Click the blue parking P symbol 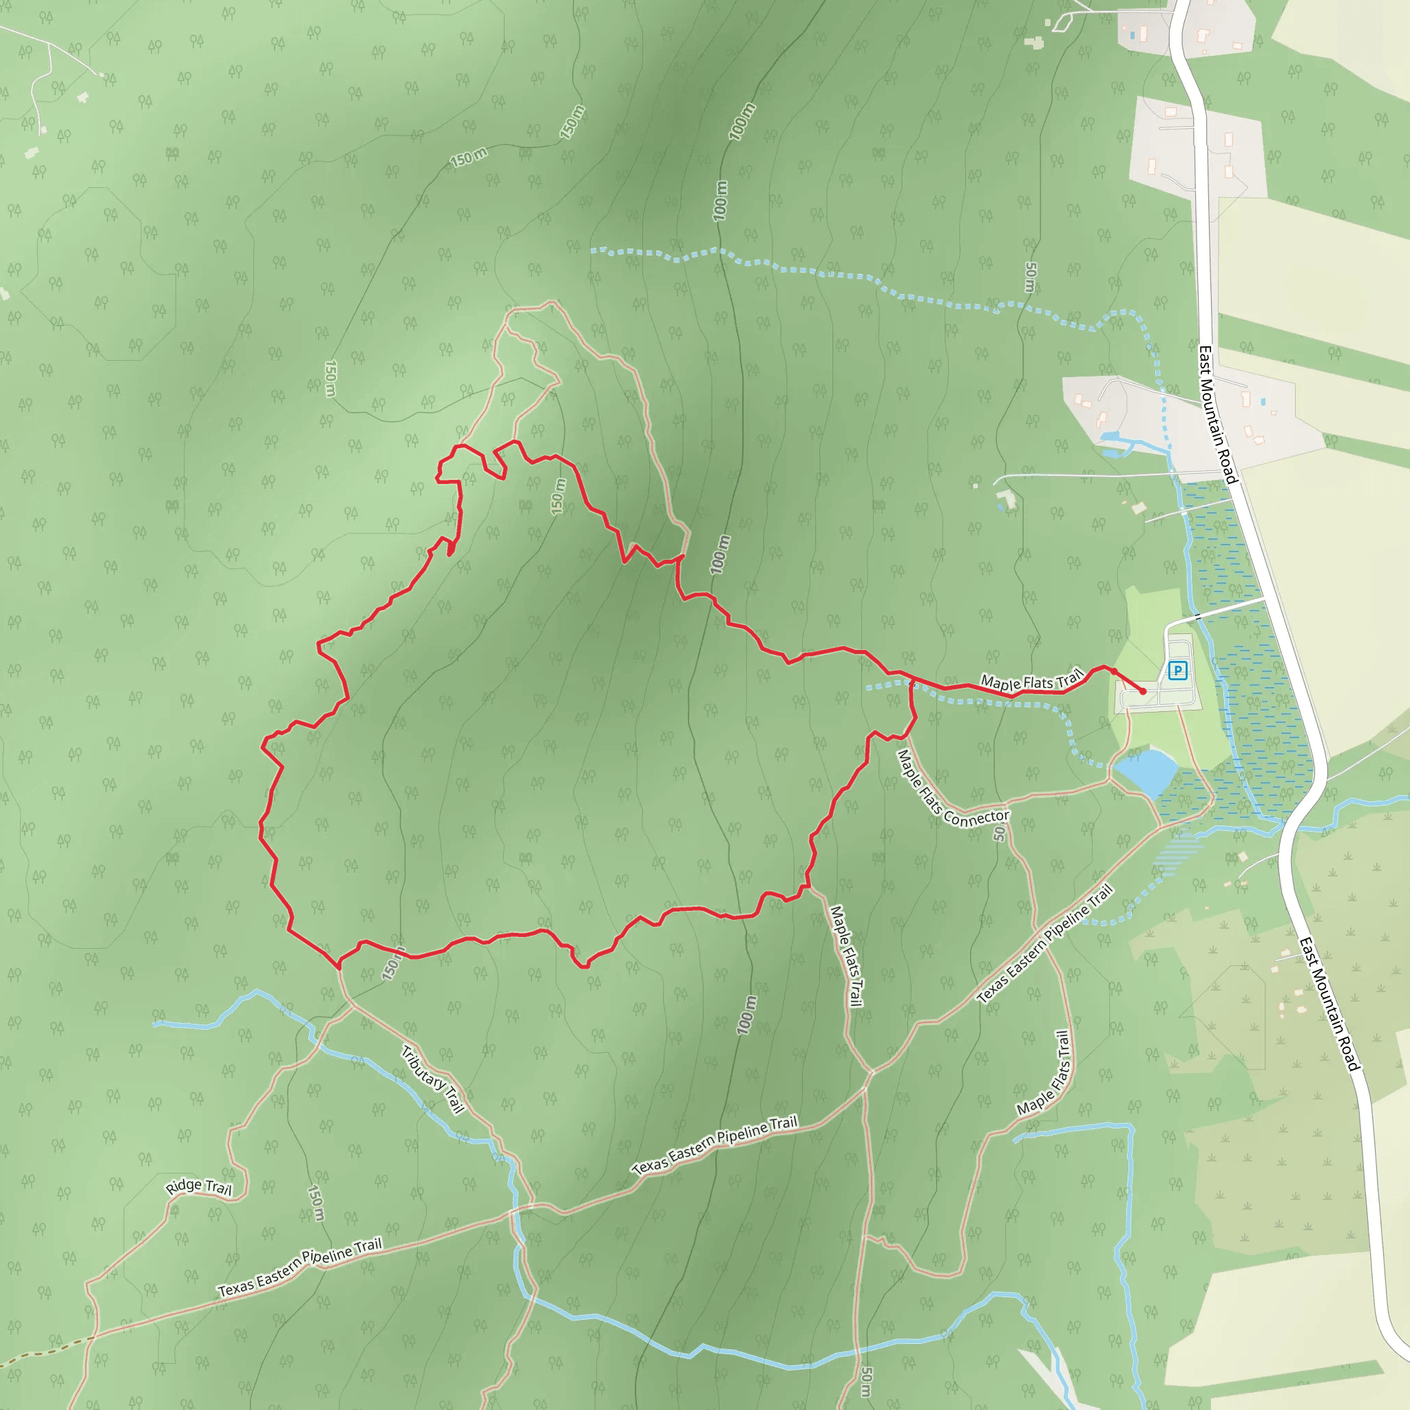tap(1177, 670)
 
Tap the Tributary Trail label tap(433, 1080)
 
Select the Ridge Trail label tap(198, 1187)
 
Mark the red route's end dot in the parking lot tap(1143, 691)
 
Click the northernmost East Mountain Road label tap(1218, 414)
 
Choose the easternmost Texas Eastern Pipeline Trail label tap(1044, 943)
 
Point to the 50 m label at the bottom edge tap(865, 1382)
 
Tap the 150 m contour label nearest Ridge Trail tap(315, 1202)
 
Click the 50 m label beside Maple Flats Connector tap(999, 833)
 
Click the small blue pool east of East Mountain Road tap(1263, 401)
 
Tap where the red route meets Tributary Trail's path tap(339, 965)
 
